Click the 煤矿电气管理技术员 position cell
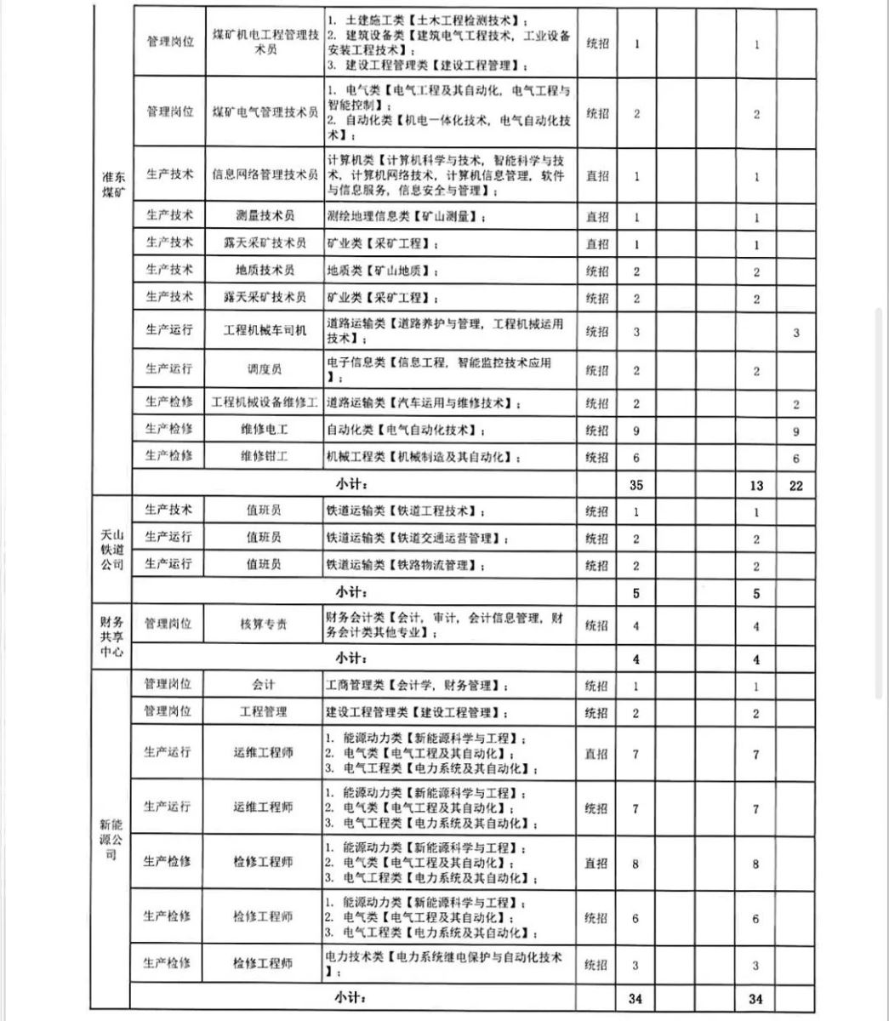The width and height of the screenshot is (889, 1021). (x=265, y=112)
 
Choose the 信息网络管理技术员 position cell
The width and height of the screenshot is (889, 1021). (x=265, y=174)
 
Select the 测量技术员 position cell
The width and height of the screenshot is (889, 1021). (x=265, y=216)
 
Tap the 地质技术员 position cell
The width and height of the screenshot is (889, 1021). (x=265, y=270)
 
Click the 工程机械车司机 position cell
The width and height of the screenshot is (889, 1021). (x=265, y=330)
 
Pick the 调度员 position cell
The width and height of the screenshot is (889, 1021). (x=265, y=369)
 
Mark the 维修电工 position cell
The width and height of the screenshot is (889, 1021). (x=265, y=429)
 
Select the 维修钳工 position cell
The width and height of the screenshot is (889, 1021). (x=265, y=456)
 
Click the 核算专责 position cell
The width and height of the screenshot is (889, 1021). (x=265, y=624)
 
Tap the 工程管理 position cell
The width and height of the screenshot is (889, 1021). (x=265, y=711)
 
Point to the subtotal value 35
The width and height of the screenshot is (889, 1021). (x=635, y=485)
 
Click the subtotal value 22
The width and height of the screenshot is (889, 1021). (x=795, y=486)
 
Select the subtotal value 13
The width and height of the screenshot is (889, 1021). (x=756, y=486)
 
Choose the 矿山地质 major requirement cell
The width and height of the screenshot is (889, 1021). (x=383, y=271)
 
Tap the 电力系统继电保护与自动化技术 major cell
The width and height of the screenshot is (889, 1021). (x=446, y=965)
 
